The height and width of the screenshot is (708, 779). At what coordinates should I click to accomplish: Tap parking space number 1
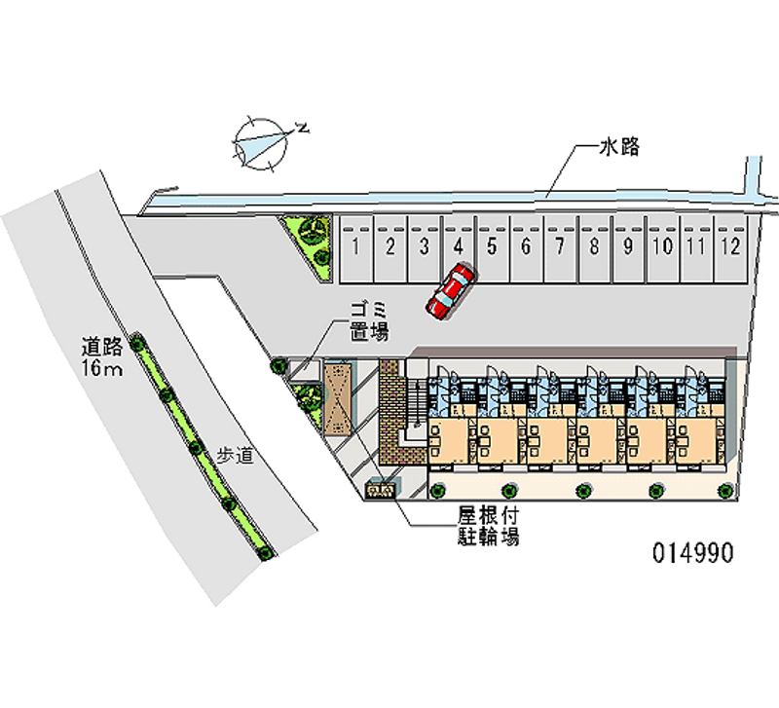[x=356, y=249]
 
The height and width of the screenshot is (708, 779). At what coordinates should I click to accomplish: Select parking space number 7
[x=561, y=249]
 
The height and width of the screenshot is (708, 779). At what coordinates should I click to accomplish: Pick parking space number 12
[x=731, y=249]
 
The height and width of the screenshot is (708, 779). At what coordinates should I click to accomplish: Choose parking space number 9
[x=628, y=249]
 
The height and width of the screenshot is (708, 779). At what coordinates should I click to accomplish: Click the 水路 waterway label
[x=619, y=147]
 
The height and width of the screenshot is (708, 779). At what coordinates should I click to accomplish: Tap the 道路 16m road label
[x=102, y=357]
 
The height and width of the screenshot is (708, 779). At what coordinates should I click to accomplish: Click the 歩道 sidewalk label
[x=235, y=455]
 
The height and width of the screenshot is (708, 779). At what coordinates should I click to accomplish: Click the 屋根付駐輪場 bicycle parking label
[x=489, y=526]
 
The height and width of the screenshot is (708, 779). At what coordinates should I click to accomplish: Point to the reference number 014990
[x=693, y=552]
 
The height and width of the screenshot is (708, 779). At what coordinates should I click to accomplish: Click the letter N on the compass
[x=302, y=128]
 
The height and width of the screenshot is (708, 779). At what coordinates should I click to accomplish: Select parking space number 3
[x=425, y=249]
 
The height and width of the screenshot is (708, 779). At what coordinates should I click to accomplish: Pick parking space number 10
[x=663, y=249]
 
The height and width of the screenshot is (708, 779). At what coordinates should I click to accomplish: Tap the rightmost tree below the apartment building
[x=725, y=491]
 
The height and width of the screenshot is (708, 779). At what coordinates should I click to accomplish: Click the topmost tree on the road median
[x=136, y=343]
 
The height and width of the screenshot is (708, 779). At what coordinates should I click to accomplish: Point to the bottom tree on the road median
[x=266, y=552]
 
